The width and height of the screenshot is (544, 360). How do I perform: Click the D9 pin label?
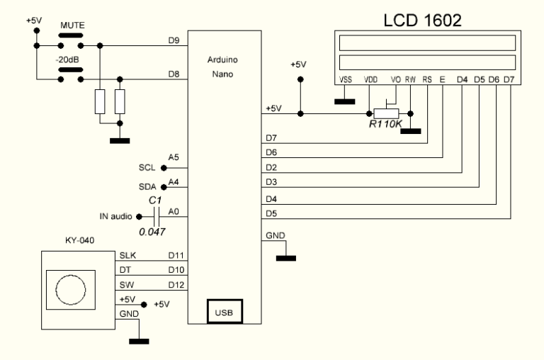(x=174, y=40)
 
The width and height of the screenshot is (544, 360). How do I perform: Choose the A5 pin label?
(x=174, y=157)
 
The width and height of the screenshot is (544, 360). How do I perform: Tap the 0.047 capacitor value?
(x=152, y=232)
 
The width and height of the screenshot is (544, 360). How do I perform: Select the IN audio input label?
(x=113, y=216)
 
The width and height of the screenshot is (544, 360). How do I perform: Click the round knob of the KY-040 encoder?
(x=69, y=291)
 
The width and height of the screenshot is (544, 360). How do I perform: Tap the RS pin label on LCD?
(x=428, y=80)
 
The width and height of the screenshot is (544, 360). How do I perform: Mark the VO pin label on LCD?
(x=396, y=80)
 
